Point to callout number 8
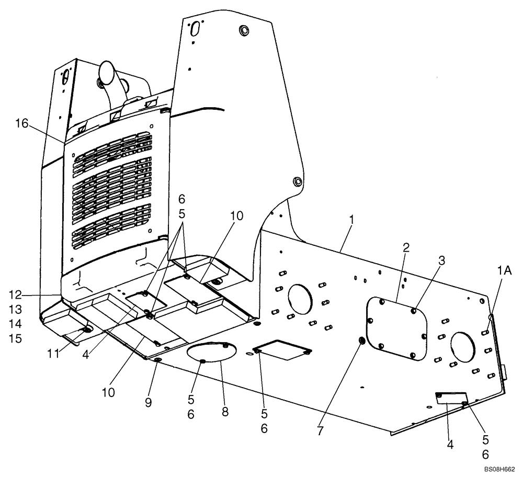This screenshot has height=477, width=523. point(225,412)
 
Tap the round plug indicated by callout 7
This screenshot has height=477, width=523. point(361,341)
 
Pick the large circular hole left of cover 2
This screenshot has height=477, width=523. point(300,300)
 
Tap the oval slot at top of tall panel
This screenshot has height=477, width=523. point(195,29)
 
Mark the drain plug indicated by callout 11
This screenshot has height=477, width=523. point(87,330)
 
